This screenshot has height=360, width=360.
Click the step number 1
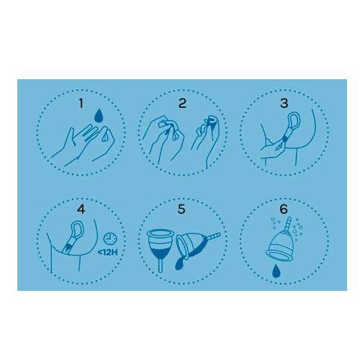(81, 104)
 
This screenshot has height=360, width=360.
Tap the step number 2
(182, 104)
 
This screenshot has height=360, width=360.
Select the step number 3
(284, 104)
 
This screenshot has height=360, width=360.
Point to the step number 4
(81, 209)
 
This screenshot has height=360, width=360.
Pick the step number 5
(181, 209)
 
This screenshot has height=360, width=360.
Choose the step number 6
(284, 209)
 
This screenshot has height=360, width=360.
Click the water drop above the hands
(99, 116)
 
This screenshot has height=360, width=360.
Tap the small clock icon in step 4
(110, 239)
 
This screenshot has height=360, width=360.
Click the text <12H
(107, 253)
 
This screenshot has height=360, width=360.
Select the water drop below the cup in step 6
(276, 271)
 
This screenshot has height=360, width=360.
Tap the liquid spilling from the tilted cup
(181, 261)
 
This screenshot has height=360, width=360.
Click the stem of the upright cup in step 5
(161, 266)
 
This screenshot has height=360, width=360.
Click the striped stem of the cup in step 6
(288, 224)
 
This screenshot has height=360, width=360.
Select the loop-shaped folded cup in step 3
(294, 121)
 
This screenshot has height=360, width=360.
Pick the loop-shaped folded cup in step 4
(78, 230)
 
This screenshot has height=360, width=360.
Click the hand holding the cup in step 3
(272, 149)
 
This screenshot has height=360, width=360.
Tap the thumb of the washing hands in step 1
(70, 137)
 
